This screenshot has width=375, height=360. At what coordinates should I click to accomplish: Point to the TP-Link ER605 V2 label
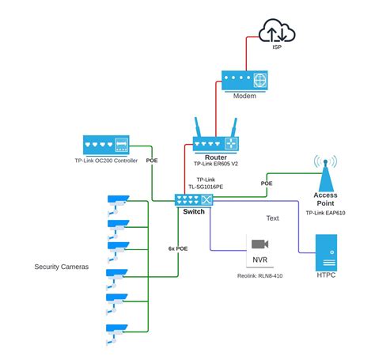[216, 164]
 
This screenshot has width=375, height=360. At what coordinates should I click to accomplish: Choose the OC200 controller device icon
[105, 145]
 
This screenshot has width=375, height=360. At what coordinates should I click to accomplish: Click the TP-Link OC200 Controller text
[106, 161]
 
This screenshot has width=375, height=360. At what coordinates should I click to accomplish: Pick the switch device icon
[195, 200]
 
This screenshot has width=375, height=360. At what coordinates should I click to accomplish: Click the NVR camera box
[259, 251]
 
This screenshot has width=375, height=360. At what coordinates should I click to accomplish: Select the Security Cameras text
[62, 267]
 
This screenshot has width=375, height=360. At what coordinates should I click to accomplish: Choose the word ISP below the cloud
[277, 47]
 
